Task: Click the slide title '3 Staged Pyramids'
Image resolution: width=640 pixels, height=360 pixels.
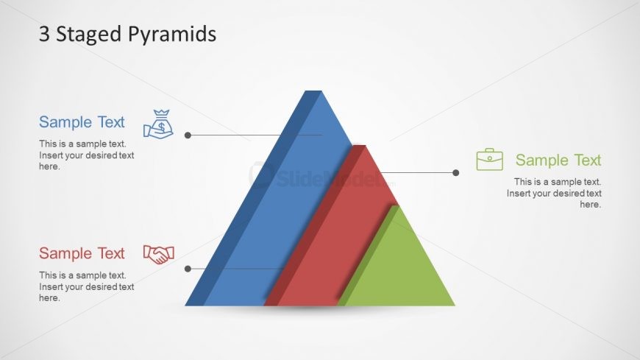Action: point(127,34)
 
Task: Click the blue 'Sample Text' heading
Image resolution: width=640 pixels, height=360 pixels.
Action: point(82,122)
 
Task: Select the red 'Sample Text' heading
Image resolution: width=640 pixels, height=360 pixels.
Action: point(82,253)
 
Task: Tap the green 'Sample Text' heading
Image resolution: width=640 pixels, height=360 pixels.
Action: point(558,160)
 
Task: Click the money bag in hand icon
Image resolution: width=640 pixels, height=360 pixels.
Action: point(158,124)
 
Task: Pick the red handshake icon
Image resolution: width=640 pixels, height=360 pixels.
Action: point(158,255)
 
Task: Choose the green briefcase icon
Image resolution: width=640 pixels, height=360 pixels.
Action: point(489,159)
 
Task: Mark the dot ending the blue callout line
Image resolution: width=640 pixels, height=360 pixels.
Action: point(188,135)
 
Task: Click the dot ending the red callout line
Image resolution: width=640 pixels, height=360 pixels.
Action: point(188,269)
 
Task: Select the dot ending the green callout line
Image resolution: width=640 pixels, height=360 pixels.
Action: point(455,173)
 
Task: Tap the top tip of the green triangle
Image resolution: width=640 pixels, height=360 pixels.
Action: point(397,207)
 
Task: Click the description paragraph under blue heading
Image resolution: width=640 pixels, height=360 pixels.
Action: point(86,155)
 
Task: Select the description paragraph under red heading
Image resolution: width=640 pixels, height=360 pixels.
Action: point(86,286)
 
